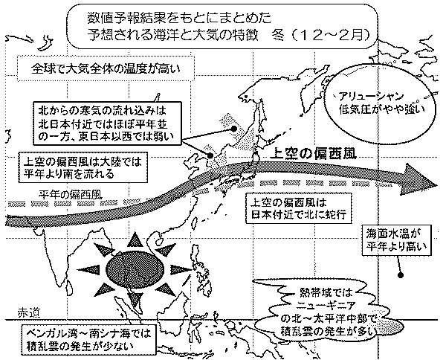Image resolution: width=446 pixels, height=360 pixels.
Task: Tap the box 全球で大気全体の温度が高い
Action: pos(106,71)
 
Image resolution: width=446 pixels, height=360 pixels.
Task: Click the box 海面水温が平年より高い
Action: pos(399,238)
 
